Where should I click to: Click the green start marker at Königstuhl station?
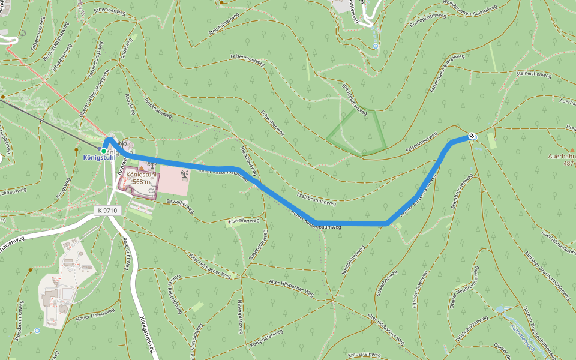pos(104,151)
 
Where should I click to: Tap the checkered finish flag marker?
pos(473,136)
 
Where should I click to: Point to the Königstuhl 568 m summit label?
pos(142,178)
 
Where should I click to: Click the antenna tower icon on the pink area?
pos(184,175)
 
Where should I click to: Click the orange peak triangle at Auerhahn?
pos(572,149)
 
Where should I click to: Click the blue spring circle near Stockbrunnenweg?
pos(37,330)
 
